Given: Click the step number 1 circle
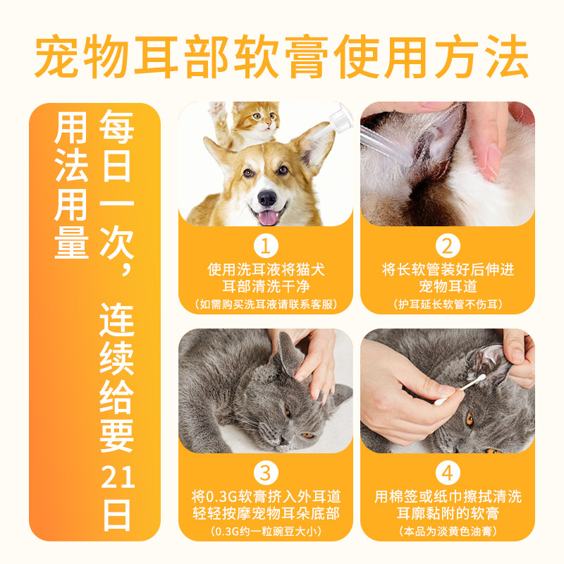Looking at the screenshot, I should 266,246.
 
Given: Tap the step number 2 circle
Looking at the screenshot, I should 447,246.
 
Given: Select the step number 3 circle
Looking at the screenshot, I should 266,472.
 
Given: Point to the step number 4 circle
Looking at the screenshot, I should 447,472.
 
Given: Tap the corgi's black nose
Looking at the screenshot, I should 266,197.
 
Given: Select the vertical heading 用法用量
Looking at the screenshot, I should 72,186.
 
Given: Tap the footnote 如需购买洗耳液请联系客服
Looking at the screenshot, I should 266,305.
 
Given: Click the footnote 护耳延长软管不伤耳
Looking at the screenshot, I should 447,305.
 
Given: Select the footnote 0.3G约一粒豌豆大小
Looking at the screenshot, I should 266,530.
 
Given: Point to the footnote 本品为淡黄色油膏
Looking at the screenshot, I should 447,530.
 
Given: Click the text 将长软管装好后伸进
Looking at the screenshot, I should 447,270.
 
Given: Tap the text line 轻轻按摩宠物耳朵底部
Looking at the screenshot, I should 266,513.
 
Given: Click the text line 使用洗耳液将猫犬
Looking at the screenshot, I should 266,270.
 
